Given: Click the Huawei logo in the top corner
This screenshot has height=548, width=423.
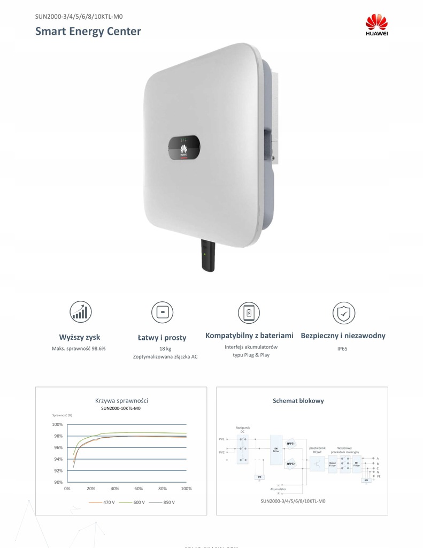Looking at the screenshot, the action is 376,25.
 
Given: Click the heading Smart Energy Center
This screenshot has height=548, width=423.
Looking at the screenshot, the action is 88,31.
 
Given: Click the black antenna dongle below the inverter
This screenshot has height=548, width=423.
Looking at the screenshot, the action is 207,255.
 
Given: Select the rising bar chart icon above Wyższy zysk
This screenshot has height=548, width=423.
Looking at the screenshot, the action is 80,312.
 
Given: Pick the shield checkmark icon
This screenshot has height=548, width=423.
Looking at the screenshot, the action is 343,313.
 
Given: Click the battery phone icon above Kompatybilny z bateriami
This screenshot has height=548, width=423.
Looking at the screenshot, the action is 249,313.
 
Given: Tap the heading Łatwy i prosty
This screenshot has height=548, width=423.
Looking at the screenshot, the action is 161,337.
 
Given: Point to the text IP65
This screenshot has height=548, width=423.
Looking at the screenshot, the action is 343,348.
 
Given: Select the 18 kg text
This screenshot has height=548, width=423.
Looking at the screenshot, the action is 165,348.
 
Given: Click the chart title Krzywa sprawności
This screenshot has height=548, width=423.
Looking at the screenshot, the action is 121,400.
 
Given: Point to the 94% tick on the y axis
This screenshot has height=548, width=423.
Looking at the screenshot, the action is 57,459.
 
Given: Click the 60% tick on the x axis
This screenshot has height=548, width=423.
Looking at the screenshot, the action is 139,489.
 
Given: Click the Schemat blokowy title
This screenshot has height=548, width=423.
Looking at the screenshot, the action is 298,400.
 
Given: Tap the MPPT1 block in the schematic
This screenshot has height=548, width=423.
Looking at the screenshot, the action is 291,444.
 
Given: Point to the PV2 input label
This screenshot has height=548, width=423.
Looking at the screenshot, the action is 221,452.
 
